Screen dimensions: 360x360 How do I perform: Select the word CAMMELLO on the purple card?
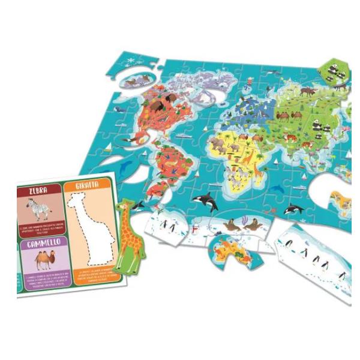coord(41,244)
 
